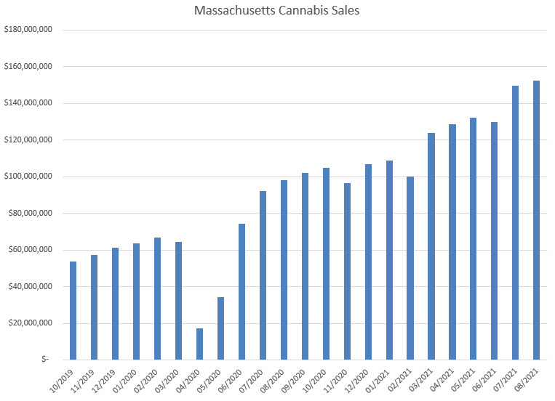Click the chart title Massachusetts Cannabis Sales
277,12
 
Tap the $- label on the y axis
45,360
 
